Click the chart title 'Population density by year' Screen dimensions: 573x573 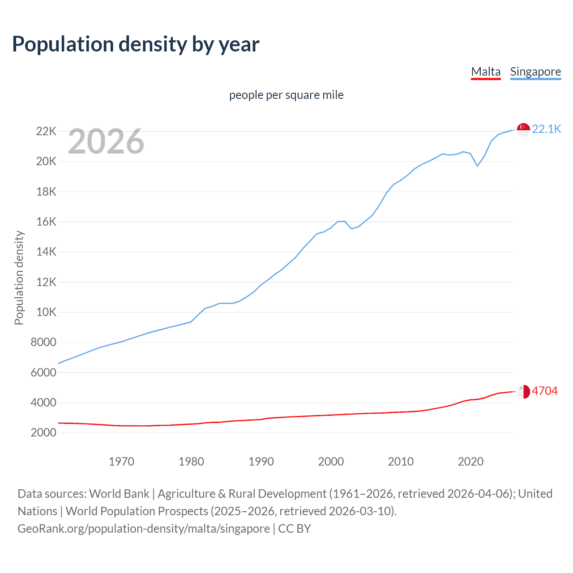pos(136,44)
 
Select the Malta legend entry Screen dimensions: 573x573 pos(486,72)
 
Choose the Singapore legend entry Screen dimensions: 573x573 pos(535,72)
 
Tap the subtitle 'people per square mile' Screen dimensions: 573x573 pos(286,95)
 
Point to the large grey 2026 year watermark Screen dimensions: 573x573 pos(106,141)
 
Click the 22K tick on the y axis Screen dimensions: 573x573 pos(46,131)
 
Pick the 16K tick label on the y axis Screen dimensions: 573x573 pos(46,222)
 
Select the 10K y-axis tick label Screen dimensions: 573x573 pos(46,312)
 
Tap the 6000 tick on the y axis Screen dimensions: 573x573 pos(43,372)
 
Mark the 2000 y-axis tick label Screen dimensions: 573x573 pos(43,432)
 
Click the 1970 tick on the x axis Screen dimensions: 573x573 pos(121,462)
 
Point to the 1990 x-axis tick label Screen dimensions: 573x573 pos(261,462)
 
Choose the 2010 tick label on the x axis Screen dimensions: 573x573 pos(401,462)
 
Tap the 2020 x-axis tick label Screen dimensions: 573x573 pos(470,462)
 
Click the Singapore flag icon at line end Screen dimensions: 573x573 pos(523,129)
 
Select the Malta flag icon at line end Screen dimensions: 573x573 pos(523,391)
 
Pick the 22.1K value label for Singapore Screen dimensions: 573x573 pos(547,129)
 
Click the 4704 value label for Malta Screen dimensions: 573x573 pos(545,391)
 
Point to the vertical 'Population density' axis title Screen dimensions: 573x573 pos(19,278)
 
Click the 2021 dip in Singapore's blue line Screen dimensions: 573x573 pos(477,166)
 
